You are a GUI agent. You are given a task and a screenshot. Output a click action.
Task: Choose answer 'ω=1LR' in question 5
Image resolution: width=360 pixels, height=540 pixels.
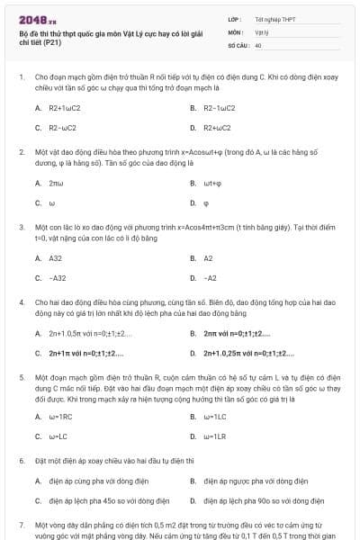(x=214, y=436)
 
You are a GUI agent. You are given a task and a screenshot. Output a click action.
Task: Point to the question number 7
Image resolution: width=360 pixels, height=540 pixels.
(x=22, y=523)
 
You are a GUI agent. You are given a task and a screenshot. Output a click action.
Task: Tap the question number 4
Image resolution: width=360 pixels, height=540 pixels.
(x=22, y=304)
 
